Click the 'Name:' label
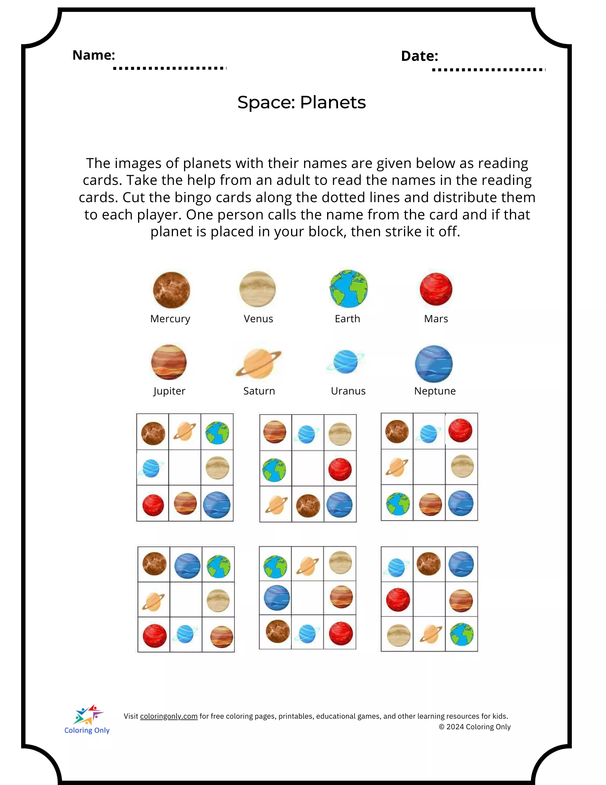[94, 55]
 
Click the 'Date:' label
[419, 56]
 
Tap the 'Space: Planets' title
[301, 102]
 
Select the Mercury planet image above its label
[171, 290]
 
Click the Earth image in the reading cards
[348, 288]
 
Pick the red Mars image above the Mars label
[436, 289]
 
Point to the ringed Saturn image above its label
[258, 363]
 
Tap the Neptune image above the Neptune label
[434, 364]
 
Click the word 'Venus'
[258, 319]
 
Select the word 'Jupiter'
[169, 391]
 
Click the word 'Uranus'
[348, 391]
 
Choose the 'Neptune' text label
[435, 391]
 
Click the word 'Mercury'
[170, 319]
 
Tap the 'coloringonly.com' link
[169, 716]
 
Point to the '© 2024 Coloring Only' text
[475, 727]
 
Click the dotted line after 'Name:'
[169, 68]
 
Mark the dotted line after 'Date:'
[488, 70]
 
